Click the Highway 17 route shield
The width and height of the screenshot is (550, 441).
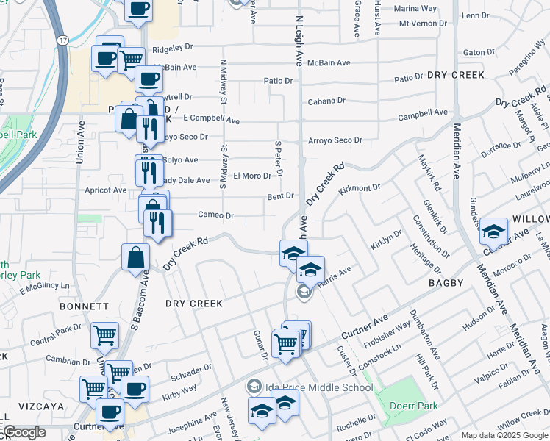(x=64, y=39)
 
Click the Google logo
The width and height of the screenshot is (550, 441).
(x=24, y=432)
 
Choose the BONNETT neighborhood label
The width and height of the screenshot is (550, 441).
(x=85, y=306)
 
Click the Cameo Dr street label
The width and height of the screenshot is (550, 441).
(x=216, y=215)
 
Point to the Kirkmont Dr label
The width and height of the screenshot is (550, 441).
(x=360, y=190)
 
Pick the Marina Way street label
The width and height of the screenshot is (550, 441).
(x=415, y=9)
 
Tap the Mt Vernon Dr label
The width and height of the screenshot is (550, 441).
(x=423, y=24)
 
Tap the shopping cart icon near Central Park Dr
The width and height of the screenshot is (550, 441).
(x=104, y=335)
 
